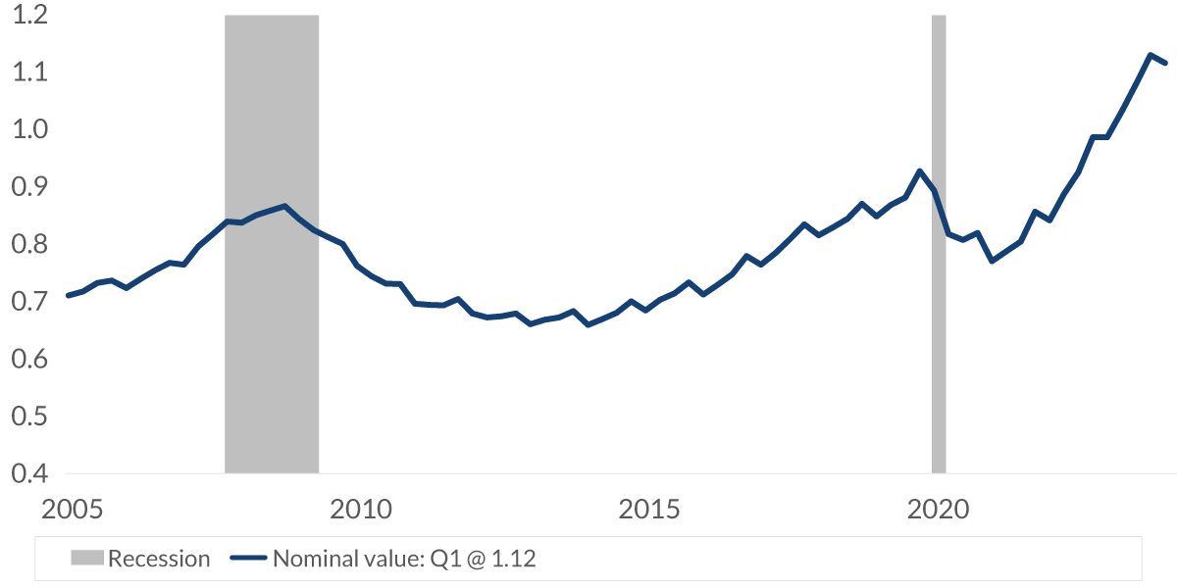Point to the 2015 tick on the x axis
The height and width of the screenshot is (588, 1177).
click(x=650, y=510)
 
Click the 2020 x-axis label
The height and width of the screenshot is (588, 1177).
click(x=939, y=510)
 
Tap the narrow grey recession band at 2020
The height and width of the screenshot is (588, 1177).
click(x=939, y=343)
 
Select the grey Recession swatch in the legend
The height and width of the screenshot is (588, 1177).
click(x=86, y=560)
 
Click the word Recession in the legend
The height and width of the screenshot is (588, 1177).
click(x=159, y=560)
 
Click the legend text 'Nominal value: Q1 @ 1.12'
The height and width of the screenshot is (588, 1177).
click(x=405, y=560)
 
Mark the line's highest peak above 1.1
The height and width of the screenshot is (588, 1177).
click(x=1150, y=55)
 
